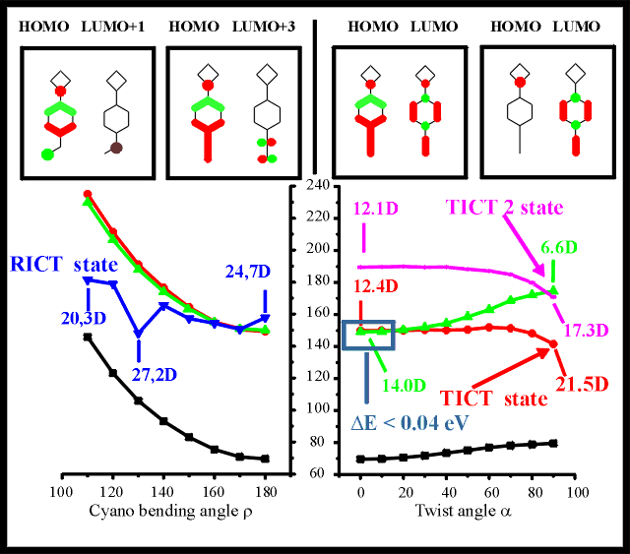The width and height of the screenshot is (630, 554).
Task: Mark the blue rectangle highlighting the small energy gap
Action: coord(365,334)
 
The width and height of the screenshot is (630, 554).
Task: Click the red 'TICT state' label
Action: coord(492,399)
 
